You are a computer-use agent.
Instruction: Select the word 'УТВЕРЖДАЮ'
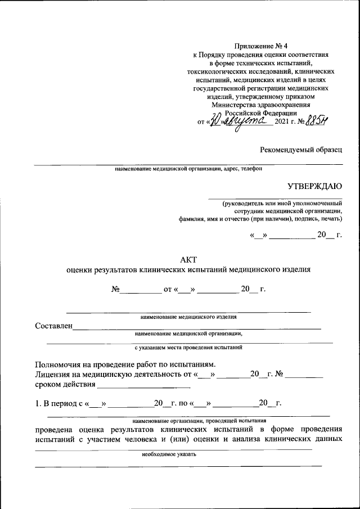[x=314, y=186]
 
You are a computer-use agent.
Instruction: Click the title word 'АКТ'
[x=188, y=258]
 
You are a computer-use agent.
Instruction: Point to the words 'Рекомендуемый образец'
[x=300, y=150]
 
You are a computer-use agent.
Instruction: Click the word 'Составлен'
[x=53, y=326]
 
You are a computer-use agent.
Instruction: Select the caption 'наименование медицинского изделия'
[x=188, y=317]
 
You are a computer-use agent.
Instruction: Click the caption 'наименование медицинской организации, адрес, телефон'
[x=188, y=168]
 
